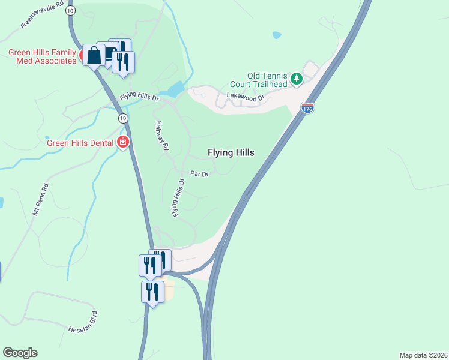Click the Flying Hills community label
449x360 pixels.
click(231, 152)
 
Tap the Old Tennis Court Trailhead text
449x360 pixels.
click(259, 79)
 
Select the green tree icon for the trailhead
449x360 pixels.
click(296, 79)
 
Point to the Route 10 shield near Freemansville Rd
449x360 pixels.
click(71, 11)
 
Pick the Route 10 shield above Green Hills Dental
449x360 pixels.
click(122, 118)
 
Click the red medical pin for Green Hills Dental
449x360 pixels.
click(124, 142)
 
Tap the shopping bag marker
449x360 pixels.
click(94, 55)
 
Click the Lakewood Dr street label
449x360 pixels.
click(245, 97)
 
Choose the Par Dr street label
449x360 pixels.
click(199, 174)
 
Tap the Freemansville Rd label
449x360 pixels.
click(41, 14)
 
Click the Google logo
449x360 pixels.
click(20, 353)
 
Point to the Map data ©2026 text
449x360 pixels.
click(423, 355)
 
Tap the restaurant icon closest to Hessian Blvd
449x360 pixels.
click(152, 292)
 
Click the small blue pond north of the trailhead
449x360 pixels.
click(277, 35)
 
